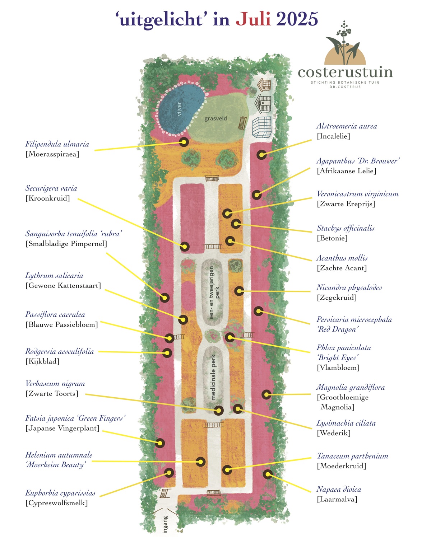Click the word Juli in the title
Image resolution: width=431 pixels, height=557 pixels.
[253, 19]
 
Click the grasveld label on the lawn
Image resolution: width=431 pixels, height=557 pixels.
[215, 118]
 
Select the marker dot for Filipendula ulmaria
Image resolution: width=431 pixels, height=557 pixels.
[184, 142]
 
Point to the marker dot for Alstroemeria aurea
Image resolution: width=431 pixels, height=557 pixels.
[261, 155]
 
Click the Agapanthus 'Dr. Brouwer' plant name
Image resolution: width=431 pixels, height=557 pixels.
[358, 161]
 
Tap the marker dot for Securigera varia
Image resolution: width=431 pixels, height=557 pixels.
[184, 247]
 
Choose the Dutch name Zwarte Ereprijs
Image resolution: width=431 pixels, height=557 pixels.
[346, 204]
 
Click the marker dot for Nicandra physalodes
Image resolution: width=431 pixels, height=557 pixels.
[239, 291]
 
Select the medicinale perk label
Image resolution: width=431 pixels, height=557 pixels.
[213, 377]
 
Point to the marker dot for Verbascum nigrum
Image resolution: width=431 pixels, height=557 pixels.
[218, 410]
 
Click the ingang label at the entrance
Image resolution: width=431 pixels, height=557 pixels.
[165, 524]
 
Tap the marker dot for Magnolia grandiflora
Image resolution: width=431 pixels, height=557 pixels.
[267, 394]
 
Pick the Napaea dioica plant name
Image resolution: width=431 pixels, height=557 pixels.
[338, 489]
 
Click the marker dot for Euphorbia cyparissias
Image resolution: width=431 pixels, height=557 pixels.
[169, 472]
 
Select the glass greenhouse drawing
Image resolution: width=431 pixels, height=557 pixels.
[261, 127]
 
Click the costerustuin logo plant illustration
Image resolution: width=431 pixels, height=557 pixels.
[344, 43]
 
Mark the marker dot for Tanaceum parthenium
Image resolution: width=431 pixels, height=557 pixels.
[227, 469]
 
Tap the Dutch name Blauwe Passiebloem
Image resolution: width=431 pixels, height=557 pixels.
[61, 324]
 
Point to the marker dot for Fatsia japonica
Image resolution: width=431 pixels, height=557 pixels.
[159, 443]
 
